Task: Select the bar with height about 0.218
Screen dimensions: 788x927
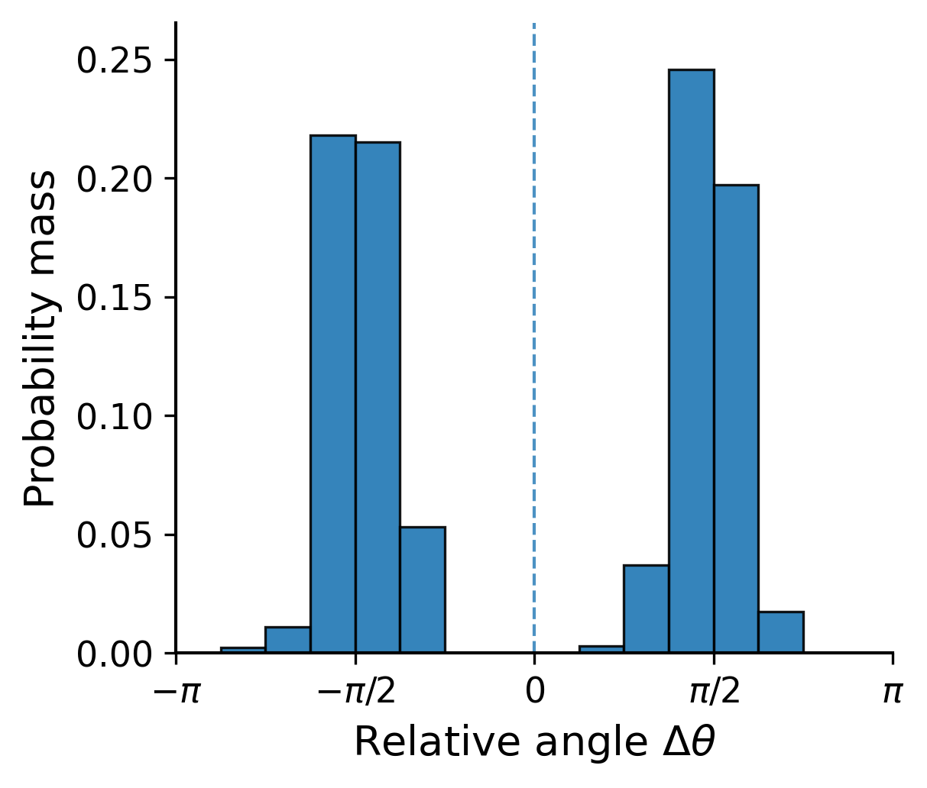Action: tap(332, 394)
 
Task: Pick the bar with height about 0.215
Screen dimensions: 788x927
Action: tap(378, 397)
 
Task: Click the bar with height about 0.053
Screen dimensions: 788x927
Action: tap(423, 589)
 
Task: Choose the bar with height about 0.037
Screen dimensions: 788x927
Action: tap(646, 609)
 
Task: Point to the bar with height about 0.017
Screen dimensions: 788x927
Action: tap(780, 632)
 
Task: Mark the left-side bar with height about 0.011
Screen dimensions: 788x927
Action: tap(287, 640)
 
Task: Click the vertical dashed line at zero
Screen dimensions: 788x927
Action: tap(534, 305)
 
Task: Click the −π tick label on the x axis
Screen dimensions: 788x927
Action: tap(177, 693)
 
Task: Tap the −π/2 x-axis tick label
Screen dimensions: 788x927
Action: tap(355, 693)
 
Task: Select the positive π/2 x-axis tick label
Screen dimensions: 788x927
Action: tap(714, 693)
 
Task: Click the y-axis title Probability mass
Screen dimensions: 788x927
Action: tap(40, 337)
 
